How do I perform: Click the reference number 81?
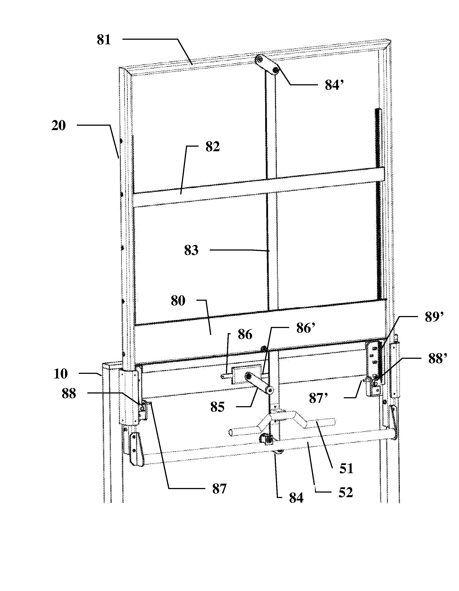[104, 40]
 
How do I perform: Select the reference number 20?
[58, 126]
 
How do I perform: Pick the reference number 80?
[178, 301]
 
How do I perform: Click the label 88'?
[438, 359]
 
